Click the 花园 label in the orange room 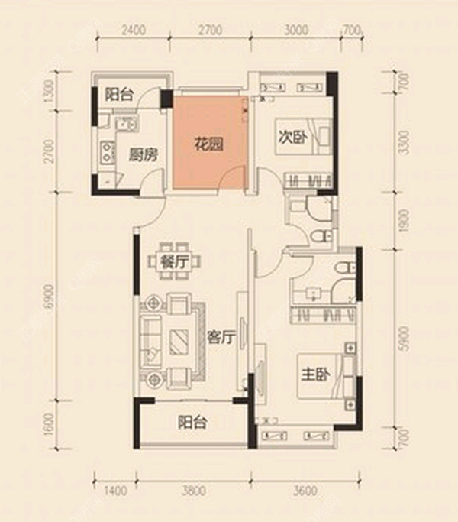click(x=208, y=144)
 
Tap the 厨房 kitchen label click(x=143, y=155)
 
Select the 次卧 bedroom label click(x=293, y=137)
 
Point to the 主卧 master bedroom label click(x=316, y=374)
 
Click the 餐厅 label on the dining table click(x=174, y=262)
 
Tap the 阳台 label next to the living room click(x=192, y=422)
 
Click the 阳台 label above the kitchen click(x=119, y=95)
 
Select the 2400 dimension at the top click(x=134, y=31)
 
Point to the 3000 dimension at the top click(x=296, y=31)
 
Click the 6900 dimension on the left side click(x=49, y=297)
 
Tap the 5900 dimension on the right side click(x=404, y=338)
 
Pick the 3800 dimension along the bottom click(x=194, y=491)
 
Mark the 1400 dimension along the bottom click(x=115, y=491)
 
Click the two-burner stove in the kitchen click(x=108, y=152)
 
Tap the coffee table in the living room click(x=179, y=342)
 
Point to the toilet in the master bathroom click(x=345, y=267)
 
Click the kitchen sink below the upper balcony click(x=126, y=124)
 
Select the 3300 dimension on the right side click(x=404, y=142)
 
